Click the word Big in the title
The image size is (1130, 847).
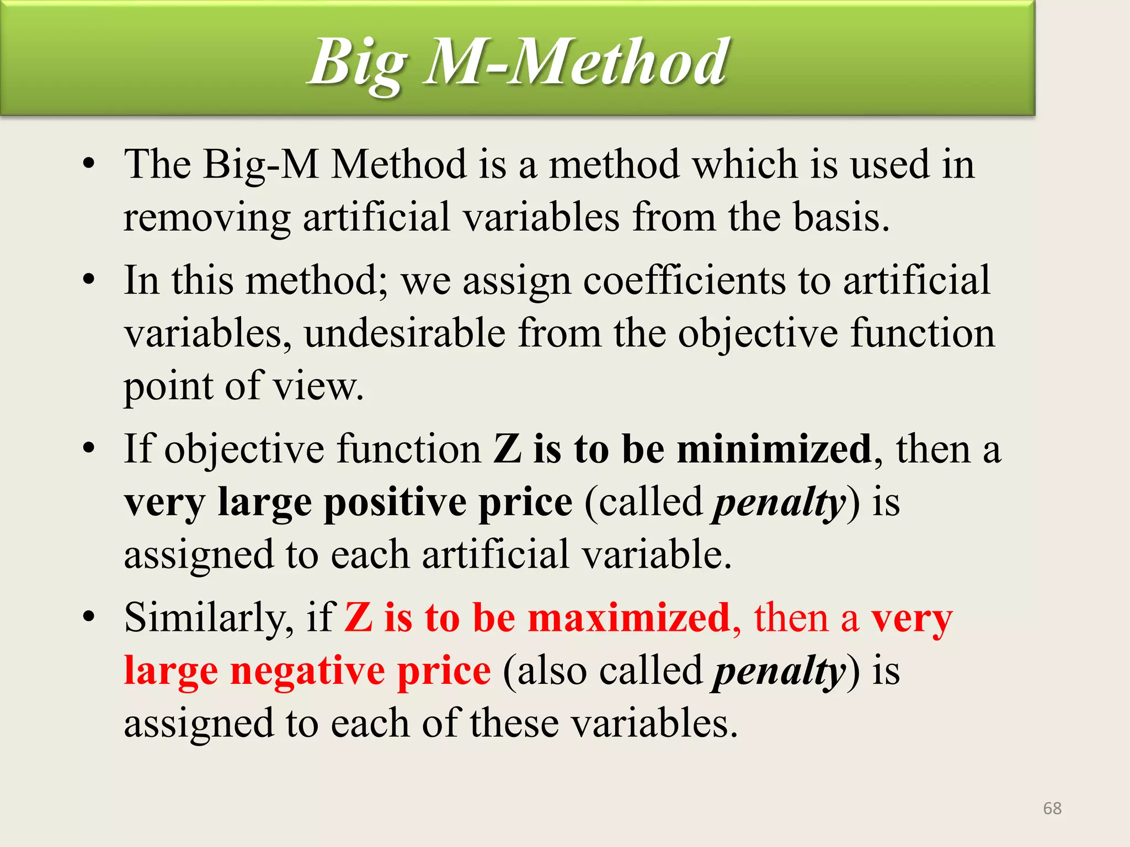click(359, 63)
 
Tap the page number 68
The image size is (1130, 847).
click(1052, 808)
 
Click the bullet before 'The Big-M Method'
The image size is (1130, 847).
click(89, 164)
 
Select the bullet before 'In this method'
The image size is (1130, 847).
click(89, 280)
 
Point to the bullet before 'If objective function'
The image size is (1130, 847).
click(89, 448)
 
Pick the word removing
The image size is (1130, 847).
click(207, 217)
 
